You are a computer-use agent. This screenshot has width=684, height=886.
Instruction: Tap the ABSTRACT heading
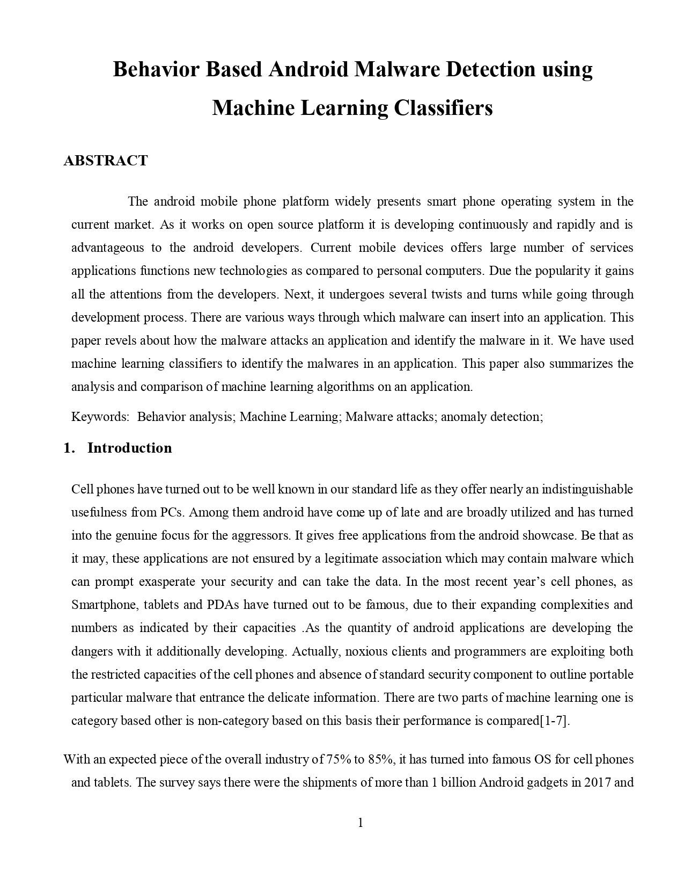pyautogui.click(x=105, y=161)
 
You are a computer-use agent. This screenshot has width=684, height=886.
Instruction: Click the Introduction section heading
pyautogui.click(x=129, y=448)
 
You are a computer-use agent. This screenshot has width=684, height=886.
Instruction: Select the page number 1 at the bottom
pyautogui.click(x=361, y=822)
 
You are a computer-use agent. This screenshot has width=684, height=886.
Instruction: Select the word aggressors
pyautogui.click(x=260, y=535)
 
